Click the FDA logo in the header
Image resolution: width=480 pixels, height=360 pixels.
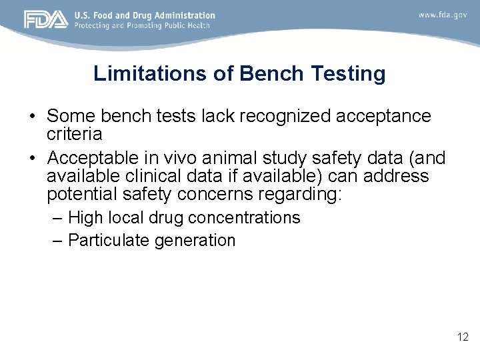point(46,19)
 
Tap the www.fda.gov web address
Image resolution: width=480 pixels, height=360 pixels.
point(443,15)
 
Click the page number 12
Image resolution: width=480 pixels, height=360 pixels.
point(463,337)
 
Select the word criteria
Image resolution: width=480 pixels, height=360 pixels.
point(74,134)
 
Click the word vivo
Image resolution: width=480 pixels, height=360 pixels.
point(178,158)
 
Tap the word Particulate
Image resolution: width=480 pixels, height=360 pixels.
point(109,241)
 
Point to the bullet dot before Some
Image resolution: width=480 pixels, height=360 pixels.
point(32,117)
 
